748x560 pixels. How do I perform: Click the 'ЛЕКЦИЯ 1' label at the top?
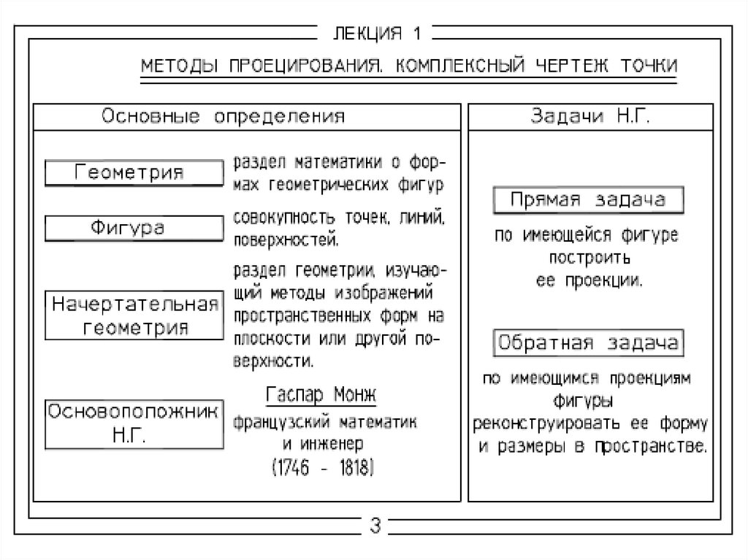[x=374, y=34]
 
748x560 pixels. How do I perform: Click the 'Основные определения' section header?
[x=223, y=116]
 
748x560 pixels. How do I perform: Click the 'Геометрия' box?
[x=134, y=173]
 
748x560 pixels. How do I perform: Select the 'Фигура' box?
[x=134, y=228]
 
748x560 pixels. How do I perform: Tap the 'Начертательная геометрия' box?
[x=134, y=315]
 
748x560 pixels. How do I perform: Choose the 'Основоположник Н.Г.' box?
[x=134, y=423]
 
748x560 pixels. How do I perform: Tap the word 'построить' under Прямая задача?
[x=589, y=258]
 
